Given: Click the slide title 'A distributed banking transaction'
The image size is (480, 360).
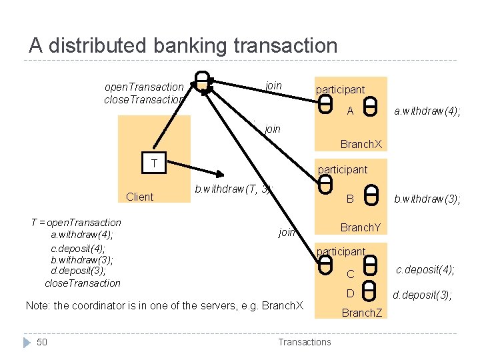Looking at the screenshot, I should coord(183,45).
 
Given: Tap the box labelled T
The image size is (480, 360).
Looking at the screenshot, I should coord(155,164).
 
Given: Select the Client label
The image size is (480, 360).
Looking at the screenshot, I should coord(139,197).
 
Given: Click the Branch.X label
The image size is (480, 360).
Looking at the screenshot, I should coord(361,144).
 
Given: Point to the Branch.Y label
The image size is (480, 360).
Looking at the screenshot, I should coord(361,227).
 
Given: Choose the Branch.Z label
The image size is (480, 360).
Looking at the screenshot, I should coord(361,312).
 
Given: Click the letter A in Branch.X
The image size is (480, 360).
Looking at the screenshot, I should coord(350,111).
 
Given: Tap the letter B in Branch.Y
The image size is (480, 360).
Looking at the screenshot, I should coord(349,198).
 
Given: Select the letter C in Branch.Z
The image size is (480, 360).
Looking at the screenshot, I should coord(350,273).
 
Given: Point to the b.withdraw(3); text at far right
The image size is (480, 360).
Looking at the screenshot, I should coord(427,198).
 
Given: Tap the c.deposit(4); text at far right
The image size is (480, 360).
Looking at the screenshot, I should coord(425,269).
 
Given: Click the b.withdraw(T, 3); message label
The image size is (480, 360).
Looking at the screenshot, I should coord(233,189).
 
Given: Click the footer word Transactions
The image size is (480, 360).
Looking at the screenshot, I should coord(304,342).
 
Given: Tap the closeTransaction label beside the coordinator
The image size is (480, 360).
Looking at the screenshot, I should coord(143,99).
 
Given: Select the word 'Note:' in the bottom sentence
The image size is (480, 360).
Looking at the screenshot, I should coord(37,305).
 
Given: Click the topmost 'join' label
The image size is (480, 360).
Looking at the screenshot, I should coord(273,85).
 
